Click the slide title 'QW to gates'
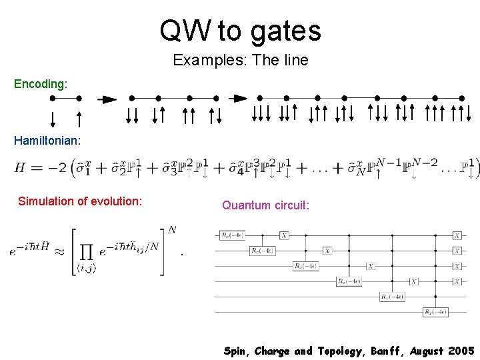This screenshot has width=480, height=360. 240,31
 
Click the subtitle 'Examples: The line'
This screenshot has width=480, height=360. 240,60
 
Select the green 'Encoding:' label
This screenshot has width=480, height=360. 41,84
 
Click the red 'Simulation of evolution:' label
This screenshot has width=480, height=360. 80,201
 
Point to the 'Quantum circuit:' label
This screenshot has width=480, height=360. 265,205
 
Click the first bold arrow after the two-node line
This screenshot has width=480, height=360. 107,99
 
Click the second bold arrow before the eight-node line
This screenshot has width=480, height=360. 238,99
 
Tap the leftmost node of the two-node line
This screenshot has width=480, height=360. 53,98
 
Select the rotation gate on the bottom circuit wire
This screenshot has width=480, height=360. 435,311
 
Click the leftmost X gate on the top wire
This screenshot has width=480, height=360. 284,235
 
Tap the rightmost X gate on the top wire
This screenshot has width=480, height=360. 457,235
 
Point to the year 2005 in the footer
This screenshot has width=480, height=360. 459,351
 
